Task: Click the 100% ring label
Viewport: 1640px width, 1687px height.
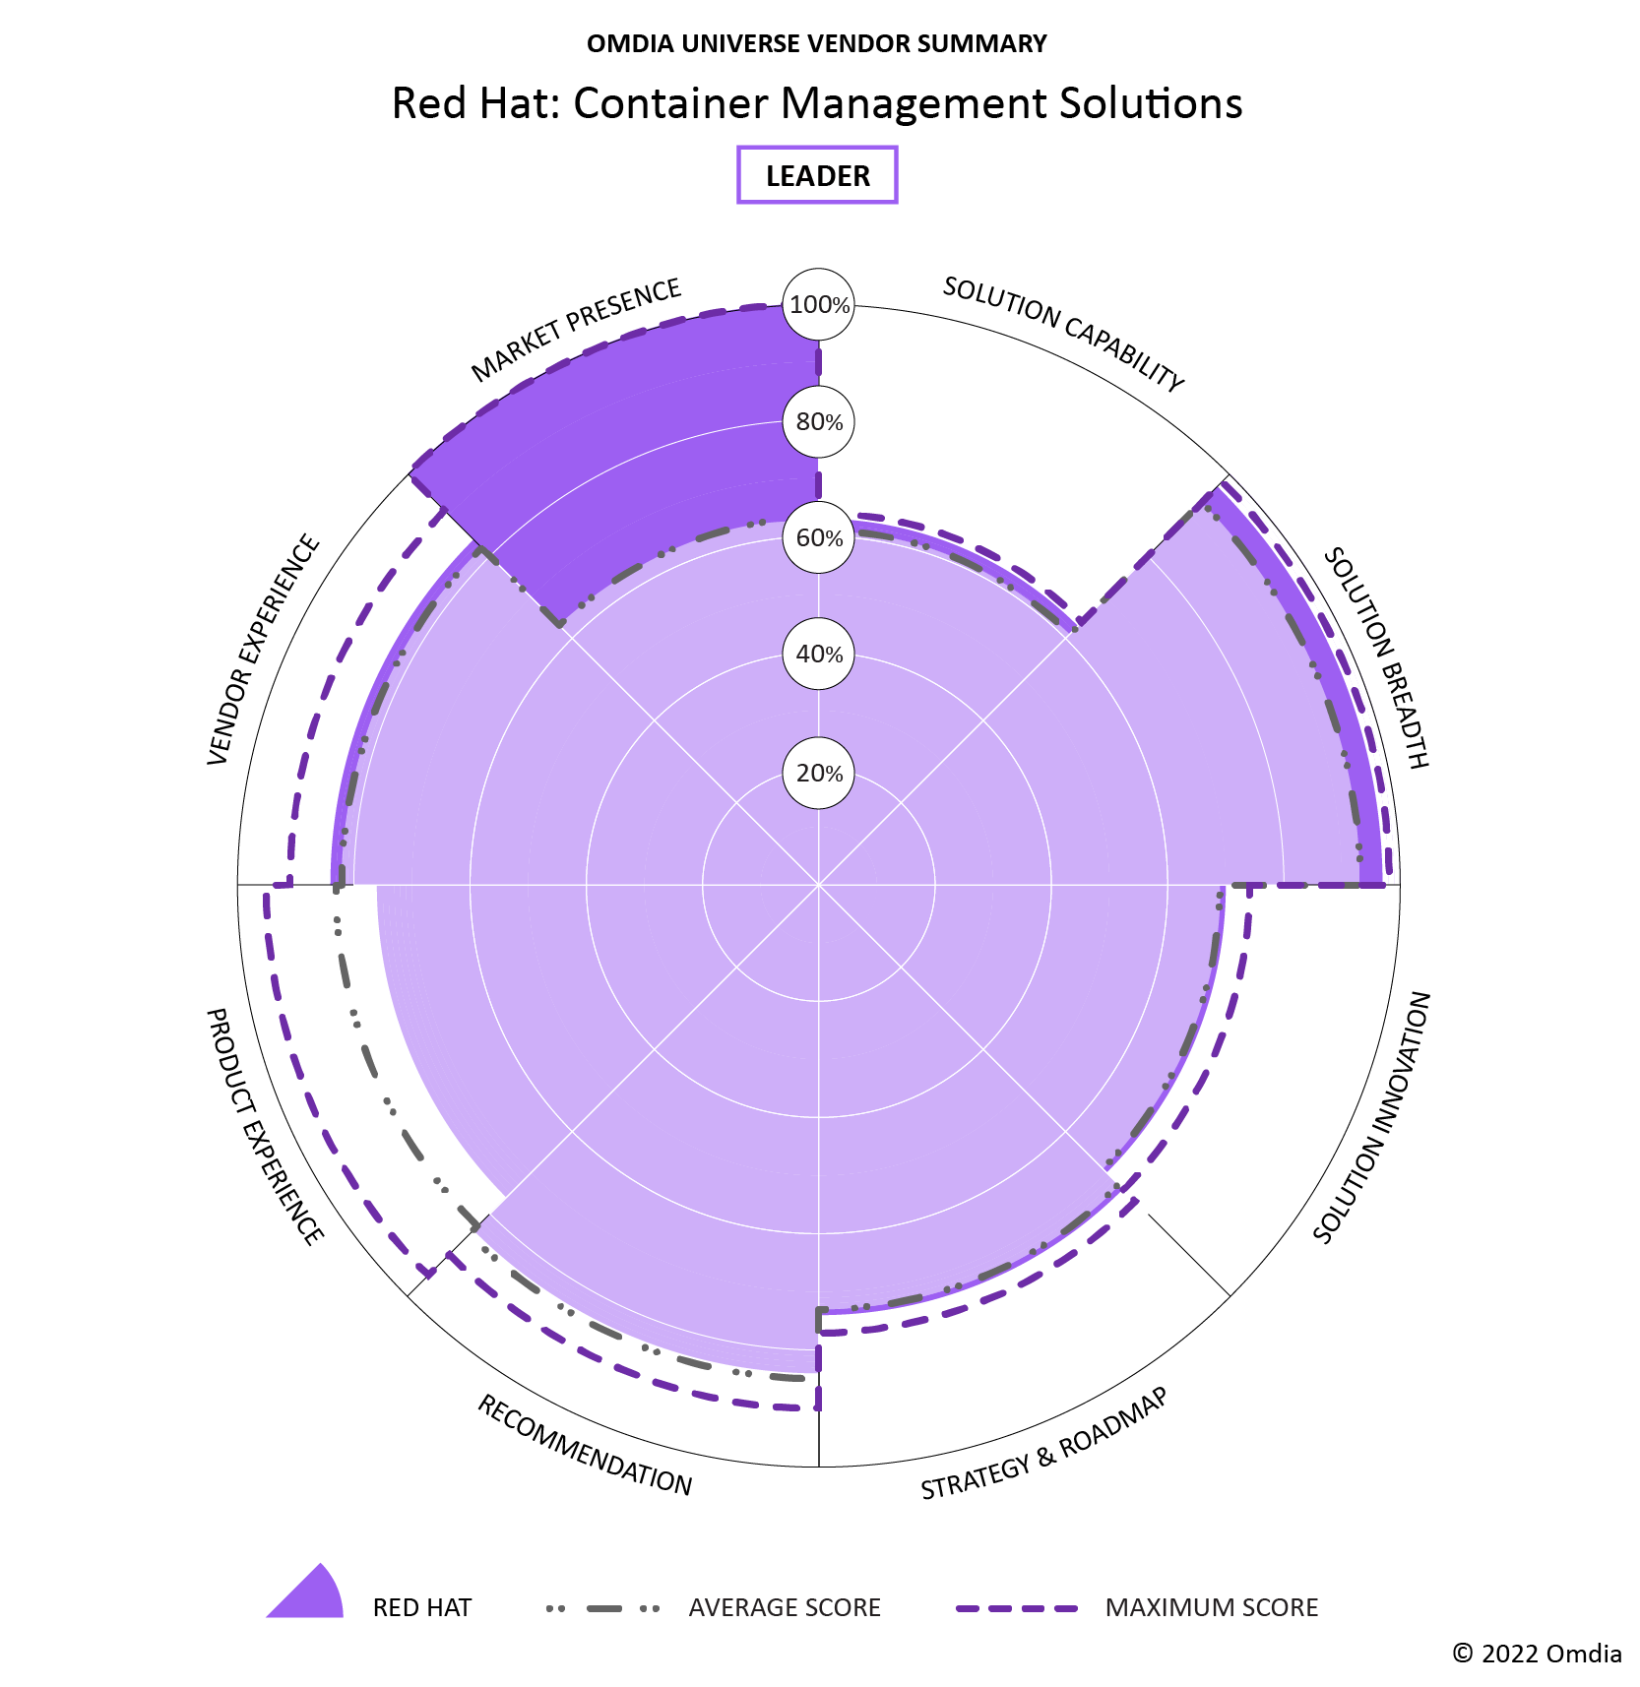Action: (818, 305)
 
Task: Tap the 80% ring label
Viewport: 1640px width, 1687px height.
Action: (818, 422)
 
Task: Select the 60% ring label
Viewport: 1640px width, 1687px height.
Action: (818, 538)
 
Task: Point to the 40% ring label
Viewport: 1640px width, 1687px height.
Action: (818, 655)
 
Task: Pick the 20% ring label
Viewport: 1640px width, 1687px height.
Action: (818, 774)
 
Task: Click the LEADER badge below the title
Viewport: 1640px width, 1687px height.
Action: (817, 175)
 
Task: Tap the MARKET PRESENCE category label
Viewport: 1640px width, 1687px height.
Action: (576, 330)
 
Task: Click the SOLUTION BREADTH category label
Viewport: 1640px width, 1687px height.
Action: (1375, 657)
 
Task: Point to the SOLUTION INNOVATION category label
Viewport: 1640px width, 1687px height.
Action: (1372, 1117)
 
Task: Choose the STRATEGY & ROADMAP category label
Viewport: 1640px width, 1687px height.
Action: (1044, 1443)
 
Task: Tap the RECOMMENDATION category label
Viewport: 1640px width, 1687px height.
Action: (585, 1445)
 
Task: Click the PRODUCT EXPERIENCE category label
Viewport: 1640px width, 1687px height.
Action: (264, 1126)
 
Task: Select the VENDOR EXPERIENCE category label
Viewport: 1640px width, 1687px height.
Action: (264, 650)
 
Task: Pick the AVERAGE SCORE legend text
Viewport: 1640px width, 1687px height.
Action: (785, 1607)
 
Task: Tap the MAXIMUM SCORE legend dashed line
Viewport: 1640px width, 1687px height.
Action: (1017, 1608)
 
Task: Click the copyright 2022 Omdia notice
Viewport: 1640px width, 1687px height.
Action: (1537, 1653)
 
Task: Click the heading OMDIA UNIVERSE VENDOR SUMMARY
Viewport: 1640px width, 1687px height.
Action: (817, 43)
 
